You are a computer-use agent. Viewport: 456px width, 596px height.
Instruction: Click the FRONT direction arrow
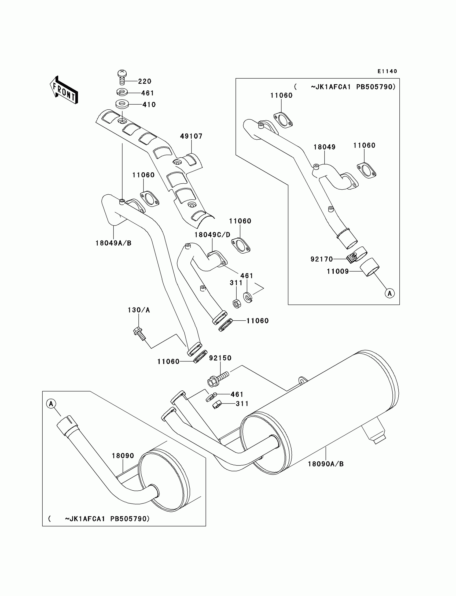click(x=64, y=90)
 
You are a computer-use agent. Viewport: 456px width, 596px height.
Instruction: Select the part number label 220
click(x=145, y=81)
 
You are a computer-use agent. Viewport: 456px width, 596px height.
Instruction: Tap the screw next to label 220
click(x=122, y=77)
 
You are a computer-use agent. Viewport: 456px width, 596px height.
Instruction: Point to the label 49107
click(x=191, y=136)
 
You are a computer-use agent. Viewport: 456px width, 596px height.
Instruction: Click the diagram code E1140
click(x=387, y=71)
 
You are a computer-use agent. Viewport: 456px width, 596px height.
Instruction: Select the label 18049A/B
click(x=113, y=243)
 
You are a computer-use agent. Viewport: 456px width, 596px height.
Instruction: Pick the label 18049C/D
click(x=212, y=235)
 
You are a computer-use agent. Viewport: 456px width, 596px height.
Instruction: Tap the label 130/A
click(x=139, y=310)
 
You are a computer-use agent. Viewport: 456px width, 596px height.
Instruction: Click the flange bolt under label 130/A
click(x=139, y=334)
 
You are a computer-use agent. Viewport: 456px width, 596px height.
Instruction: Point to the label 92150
click(x=220, y=358)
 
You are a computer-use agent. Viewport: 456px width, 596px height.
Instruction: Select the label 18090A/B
click(x=326, y=464)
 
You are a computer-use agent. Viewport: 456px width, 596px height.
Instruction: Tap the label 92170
click(x=322, y=259)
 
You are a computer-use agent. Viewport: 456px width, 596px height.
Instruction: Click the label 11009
click(x=338, y=271)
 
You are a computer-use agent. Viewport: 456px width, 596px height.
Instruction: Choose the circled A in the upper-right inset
click(x=390, y=294)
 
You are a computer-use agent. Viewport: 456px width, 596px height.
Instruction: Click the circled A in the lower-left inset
click(x=51, y=404)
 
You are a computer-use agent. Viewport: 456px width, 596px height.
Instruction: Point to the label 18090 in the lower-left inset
click(x=123, y=456)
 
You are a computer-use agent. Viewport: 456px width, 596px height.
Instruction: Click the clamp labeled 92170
click(x=356, y=255)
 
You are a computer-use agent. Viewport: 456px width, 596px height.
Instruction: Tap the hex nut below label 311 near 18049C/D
click(x=236, y=303)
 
